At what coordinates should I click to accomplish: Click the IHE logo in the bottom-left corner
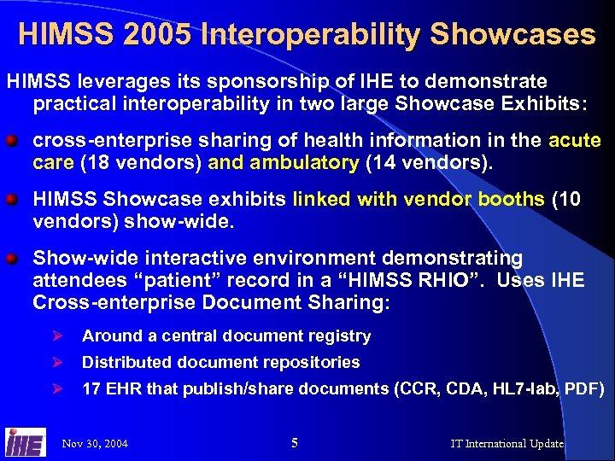[25, 441]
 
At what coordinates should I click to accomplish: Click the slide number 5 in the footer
[295, 442]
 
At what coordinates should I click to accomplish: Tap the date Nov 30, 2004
[95, 443]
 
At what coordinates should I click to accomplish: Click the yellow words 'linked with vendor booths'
[419, 200]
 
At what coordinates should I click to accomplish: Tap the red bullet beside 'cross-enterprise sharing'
[14, 140]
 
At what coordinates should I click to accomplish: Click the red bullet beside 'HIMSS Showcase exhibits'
[14, 200]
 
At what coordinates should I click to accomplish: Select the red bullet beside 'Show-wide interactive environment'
[14, 258]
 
